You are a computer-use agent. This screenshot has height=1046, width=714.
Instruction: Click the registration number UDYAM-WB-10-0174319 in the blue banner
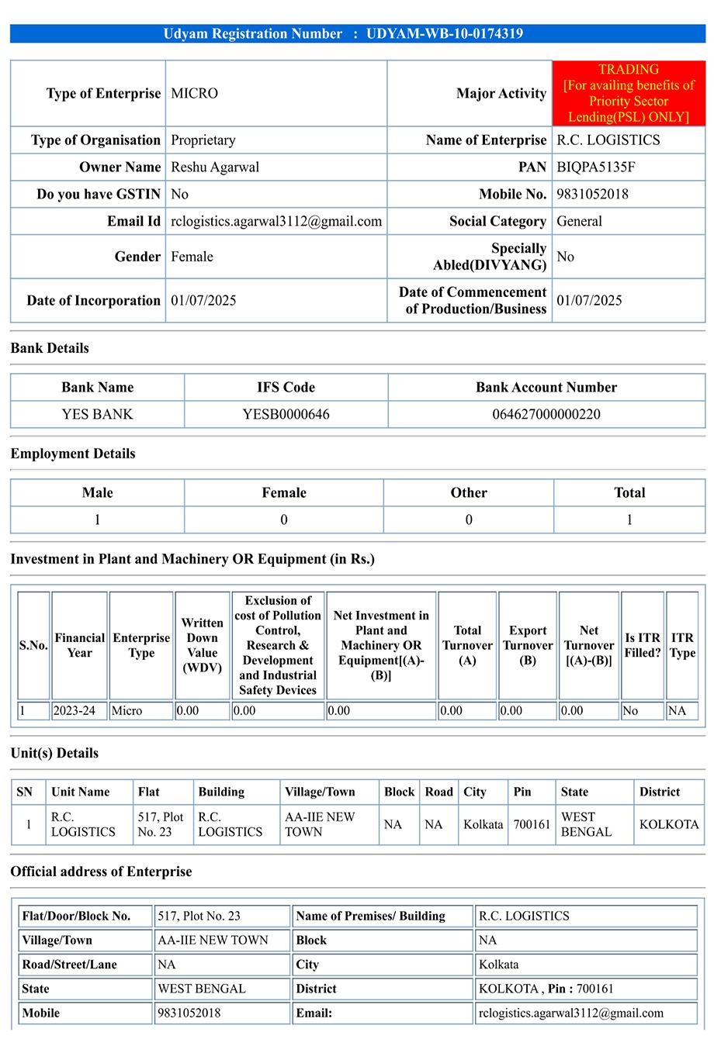(444, 33)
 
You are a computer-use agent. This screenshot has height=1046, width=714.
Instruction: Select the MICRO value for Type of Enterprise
(194, 93)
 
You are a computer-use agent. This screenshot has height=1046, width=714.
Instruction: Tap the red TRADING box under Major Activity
(629, 93)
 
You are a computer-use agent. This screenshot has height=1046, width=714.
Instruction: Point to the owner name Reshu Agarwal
(215, 167)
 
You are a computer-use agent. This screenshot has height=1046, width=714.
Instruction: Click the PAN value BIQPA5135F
(595, 167)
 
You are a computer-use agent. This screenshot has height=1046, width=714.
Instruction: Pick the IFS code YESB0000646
(286, 414)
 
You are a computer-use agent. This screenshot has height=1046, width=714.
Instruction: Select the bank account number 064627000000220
(546, 414)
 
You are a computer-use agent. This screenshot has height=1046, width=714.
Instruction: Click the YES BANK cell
(97, 414)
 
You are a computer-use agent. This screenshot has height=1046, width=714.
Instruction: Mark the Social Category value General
(579, 221)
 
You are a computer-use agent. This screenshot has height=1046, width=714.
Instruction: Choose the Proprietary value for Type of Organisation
(203, 140)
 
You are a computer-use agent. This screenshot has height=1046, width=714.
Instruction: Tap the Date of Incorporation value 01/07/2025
(203, 300)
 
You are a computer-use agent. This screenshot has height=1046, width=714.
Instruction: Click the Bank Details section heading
(50, 348)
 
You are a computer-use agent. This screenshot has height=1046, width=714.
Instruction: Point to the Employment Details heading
(73, 454)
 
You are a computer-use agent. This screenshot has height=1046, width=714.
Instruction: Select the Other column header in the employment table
(469, 492)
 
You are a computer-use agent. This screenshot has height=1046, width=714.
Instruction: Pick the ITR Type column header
(682, 645)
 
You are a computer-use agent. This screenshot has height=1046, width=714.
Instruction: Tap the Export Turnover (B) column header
(528, 645)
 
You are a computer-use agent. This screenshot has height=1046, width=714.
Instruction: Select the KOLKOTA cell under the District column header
(669, 824)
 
